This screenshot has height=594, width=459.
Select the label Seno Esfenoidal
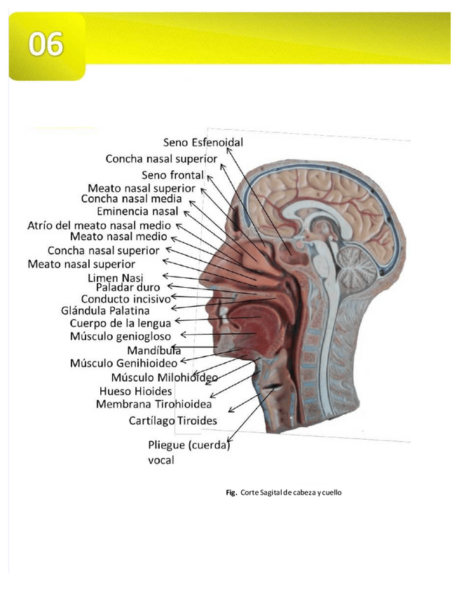pos(203,142)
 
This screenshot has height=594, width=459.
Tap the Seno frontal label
pos(172,174)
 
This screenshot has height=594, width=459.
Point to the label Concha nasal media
pos(132,199)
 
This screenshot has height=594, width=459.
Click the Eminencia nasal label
pos(137,212)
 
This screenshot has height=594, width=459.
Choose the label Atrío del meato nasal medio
pos(99,226)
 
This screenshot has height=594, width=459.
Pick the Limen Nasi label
pos(115,277)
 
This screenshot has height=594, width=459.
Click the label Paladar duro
pos(128,287)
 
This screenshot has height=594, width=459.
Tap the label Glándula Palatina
pos(105,310)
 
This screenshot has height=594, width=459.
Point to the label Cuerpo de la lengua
pos(120,324)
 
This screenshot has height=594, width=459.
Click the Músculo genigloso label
pos(121,336)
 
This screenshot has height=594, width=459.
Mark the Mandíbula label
pos(154,350)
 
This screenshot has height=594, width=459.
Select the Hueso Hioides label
pos(136,391)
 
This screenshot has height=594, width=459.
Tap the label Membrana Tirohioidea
pos(153,404)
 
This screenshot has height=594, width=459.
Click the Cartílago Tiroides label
pos(172,421)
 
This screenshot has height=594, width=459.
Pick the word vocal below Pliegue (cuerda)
pos(161,460)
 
